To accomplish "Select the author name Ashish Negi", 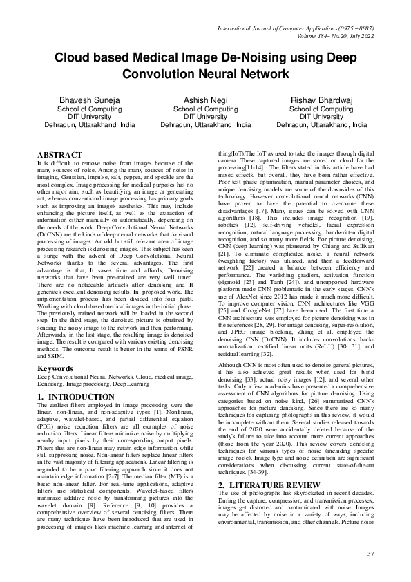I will pyautogui.click(x=205, y=100).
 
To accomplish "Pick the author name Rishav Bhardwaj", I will pyautogui.click(x=321, y=100).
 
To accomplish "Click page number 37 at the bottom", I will pyautogui.click(x=370, y=554).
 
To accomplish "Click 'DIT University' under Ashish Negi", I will pyautogui.click(x=205, y=117).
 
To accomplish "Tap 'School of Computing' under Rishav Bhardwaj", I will pyautogui.click(x=321, y=109).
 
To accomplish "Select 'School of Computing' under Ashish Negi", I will pyautogui.click(x=205, y=109).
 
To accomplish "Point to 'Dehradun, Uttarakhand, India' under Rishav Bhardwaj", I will pyautogui.click(x=321, y=126).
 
